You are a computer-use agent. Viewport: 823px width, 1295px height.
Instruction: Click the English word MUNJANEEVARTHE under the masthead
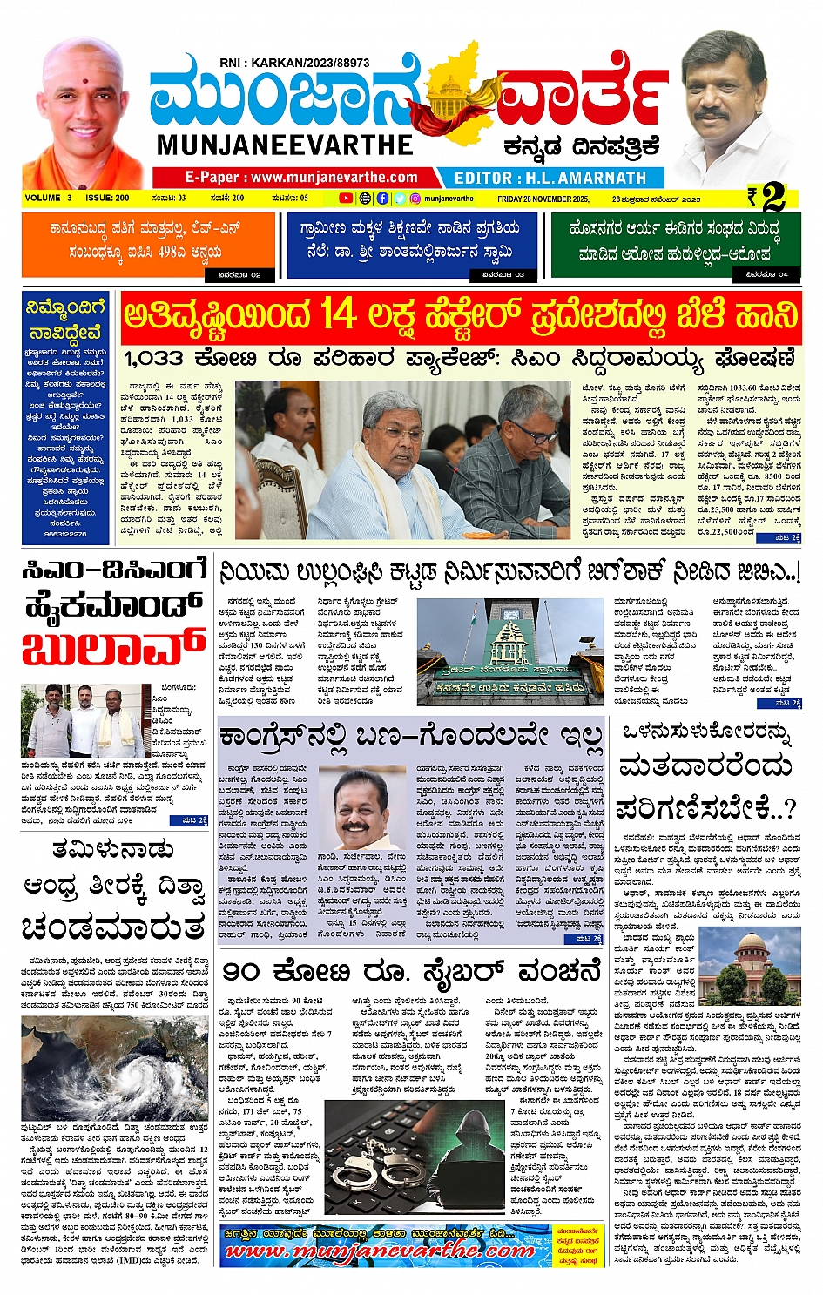(x=285, y=144)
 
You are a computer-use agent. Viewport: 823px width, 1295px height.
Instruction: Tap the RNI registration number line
(x=294, y=63)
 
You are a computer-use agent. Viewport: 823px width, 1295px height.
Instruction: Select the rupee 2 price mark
(x=767, y=198)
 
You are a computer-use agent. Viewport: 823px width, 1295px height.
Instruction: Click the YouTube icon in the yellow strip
(x=346, y=199)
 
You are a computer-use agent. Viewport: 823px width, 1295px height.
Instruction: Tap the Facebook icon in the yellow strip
(x=382, y=199)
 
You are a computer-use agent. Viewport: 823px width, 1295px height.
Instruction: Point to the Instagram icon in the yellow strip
(x=415, y=199)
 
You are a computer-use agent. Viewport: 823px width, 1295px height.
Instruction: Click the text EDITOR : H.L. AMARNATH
(x=550, y=178)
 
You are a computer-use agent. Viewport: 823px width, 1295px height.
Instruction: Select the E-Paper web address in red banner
(x=301, y=178)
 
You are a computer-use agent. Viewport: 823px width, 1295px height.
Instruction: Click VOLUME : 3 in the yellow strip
(x=49, y=199)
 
